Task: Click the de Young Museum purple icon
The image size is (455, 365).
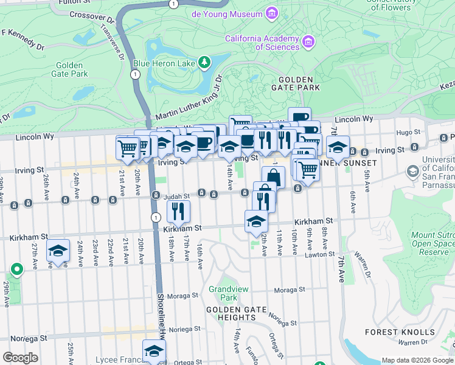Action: (x=272, y=13)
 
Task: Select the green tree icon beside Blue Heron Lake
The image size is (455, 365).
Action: (x=205, y=62)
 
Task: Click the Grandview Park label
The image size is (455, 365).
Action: (x=223, y=294)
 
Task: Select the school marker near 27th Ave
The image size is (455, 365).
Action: (x=58, y=251)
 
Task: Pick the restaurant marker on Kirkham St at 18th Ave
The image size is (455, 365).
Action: (x=178, y=211)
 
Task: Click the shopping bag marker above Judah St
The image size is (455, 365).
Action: (x=273, y=178)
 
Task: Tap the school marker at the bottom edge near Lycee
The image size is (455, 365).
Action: (x=154, y=351)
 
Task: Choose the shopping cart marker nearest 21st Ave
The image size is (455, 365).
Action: (x=127, y=147)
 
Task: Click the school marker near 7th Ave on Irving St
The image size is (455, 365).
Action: (x=338, y=147)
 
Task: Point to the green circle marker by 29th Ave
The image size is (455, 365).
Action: (x=16, y=268)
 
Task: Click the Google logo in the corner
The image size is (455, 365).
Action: (x=20, y=357)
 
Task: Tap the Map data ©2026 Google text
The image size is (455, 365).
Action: (x=417, y=360)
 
